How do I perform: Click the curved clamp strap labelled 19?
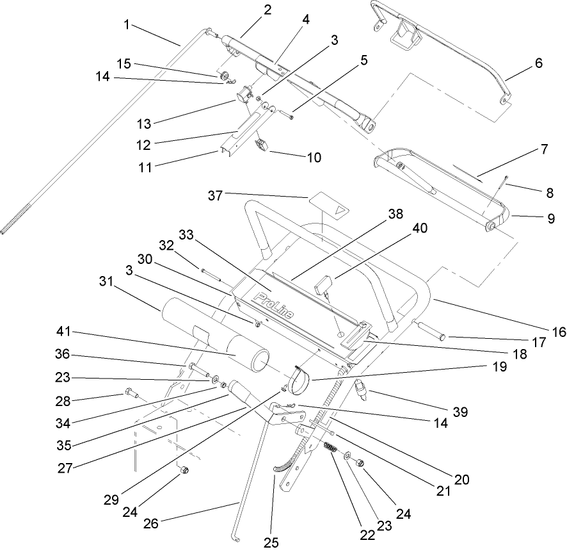299,380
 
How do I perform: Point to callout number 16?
560,332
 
